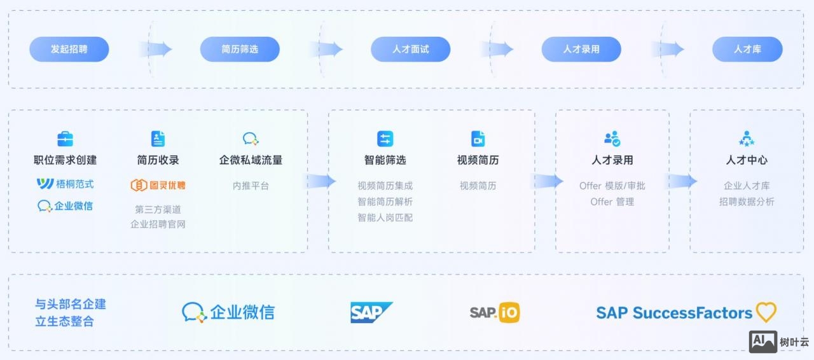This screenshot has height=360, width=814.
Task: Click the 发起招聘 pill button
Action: [69, 49]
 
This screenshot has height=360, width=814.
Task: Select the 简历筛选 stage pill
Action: [240, 49]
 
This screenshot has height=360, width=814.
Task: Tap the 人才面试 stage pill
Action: [410, 49]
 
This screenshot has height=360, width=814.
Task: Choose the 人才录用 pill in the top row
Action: [581, 49]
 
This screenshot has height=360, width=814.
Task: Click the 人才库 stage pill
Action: [747, 49]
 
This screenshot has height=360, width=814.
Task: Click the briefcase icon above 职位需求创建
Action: [65, 139]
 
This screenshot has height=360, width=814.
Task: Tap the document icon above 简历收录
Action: [158, 139]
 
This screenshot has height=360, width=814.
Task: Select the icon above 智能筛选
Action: [385, 139]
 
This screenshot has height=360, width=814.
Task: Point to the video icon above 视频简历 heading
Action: [478, 139]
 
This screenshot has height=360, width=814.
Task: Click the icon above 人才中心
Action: [747, 139]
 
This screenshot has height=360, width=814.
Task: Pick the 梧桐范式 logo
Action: [65, 184]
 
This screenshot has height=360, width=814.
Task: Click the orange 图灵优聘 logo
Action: [158, 185]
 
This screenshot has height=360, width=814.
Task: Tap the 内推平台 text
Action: [251, 186]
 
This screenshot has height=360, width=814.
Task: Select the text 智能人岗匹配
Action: [385, 218]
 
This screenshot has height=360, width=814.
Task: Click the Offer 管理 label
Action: [612, 202]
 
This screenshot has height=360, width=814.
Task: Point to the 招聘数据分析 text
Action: [747, 202]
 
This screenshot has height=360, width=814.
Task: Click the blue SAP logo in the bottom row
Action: [371, 312]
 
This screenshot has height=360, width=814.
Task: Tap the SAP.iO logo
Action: [494, 312]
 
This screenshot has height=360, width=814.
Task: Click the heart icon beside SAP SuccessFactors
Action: [766, 312]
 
